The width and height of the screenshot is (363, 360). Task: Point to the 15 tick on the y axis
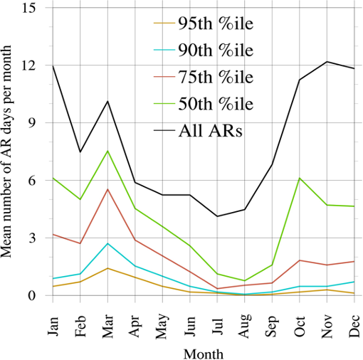pyautogui.click(x=28, y=8)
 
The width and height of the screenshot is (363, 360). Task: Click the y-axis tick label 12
pyautogui.click(x=28, y=65)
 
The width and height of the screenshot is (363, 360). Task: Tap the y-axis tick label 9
pyautogui.click(x=32, y=122)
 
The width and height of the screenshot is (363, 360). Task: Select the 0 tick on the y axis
pyautogui.click(x=32, y=295)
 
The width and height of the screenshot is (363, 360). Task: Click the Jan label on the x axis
pyautogui.click(x=53, y=325)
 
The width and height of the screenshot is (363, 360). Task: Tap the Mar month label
pyautogui.click(x=108, y=326)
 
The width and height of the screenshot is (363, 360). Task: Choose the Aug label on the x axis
pyautogui.click(x=245, y=325)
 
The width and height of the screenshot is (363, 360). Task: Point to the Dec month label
pyautogui.click(x=354, y=326)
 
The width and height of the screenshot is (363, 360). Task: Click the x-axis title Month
pyautogui.click(x=204, y=354)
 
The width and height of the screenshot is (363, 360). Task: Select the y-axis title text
pyautogui.click(x=6, y=152)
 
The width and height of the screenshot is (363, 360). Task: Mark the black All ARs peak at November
pyautogui.click(x=327, y=62)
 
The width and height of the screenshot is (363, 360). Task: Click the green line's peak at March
pyautogui.click(x=107, y=151)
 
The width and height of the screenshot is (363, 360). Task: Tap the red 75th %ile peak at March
pyautogui.click(x=107, y=189)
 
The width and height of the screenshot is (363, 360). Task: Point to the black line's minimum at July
pyautogui.click(x=217, y=216)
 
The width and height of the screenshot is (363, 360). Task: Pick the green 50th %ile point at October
pyautogui.click(x=300, y=178)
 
